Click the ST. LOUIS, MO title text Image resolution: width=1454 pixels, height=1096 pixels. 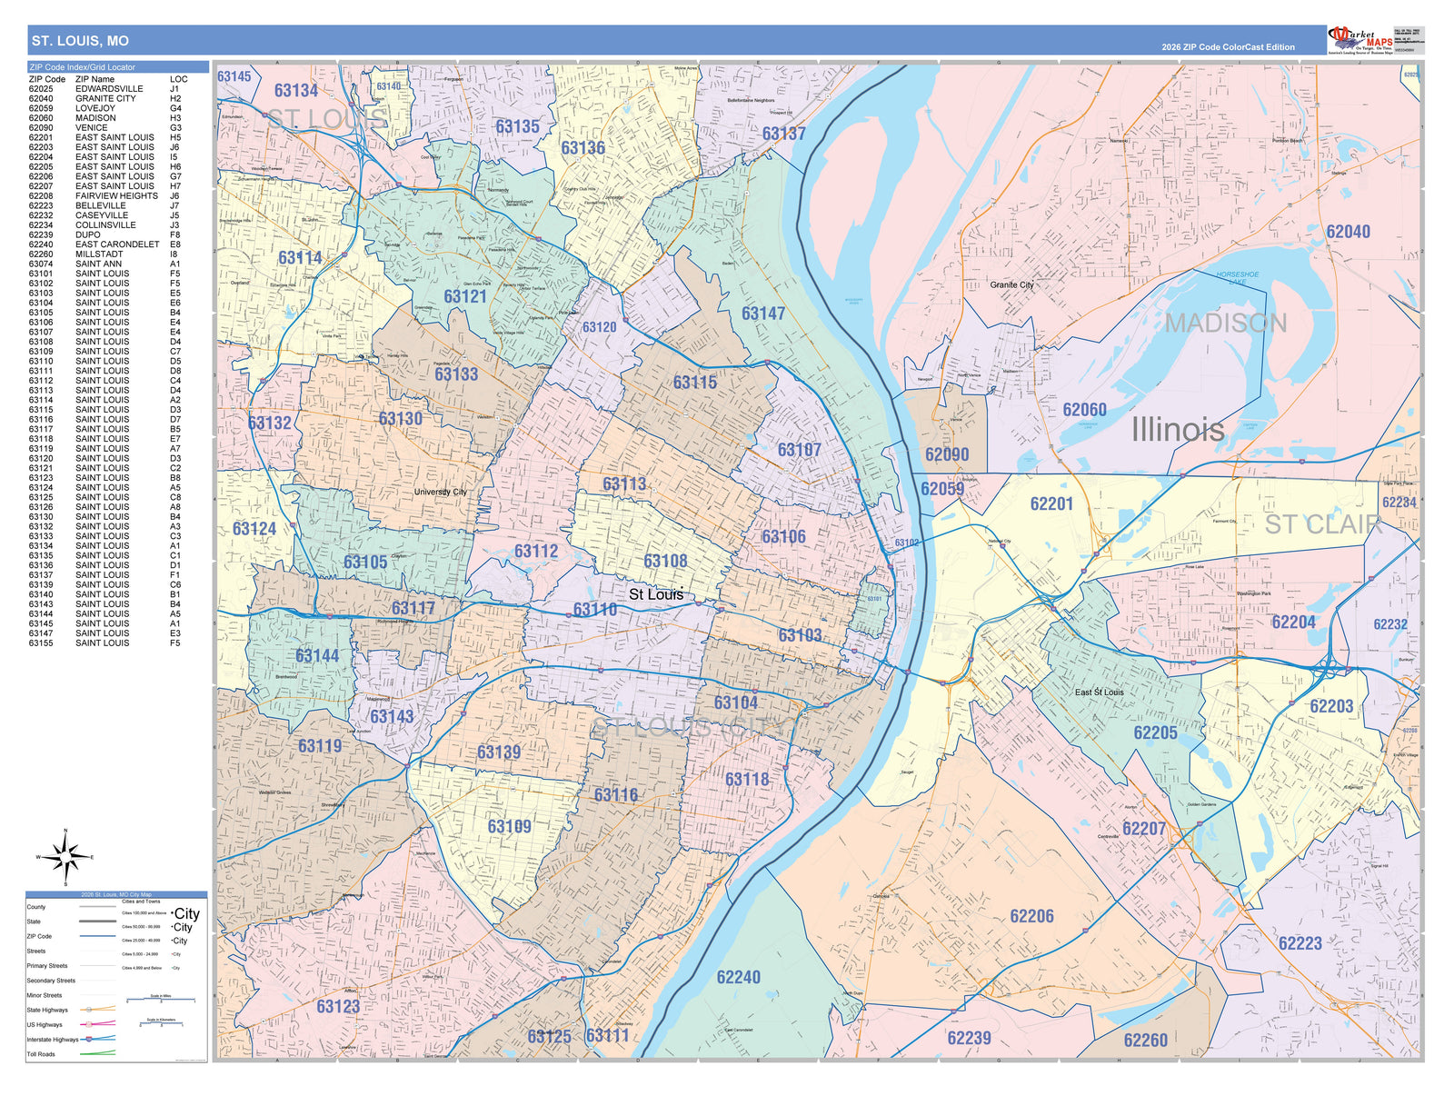[x=80, y=41]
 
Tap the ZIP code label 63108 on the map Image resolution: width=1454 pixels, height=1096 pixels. [x=665, y=561]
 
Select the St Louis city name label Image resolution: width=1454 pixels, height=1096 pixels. [x=655, y=594]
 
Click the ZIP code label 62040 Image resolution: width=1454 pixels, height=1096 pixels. [x=1348, y=232]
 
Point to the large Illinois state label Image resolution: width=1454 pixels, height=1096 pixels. [x=1177, y=430]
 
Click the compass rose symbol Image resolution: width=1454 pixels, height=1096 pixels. [x=65, y=857]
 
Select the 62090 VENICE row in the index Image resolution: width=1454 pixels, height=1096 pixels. [x=105, y=127]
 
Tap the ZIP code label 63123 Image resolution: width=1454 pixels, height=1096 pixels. [x=338, y=1006]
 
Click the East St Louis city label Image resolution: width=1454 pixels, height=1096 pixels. [x=1099, y=692]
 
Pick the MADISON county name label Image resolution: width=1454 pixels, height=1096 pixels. [x=1225, y=323]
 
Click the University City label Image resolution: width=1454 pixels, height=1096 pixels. [x=440, y=492]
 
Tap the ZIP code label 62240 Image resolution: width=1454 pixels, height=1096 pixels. [x=738, y=977]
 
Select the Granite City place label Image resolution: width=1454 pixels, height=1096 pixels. [x=1011, y=284]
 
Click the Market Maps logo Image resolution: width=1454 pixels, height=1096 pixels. [x=1360, y=41]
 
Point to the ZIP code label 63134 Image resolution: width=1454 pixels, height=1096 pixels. [x=296, y=90]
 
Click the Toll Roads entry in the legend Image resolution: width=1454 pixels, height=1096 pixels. [x=41, y=1054]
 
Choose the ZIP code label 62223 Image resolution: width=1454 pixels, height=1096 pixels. [x=1300, y=943]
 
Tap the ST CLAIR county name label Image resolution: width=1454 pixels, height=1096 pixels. [x=1322, y=524]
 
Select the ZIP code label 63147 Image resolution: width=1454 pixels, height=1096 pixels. [x=762, y=314]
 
